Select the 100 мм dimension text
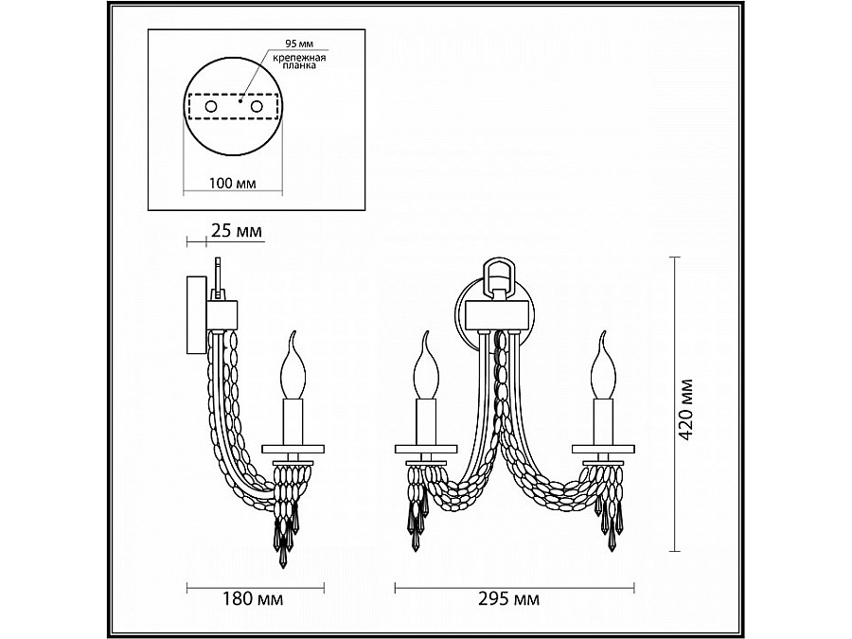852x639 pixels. coord(230,182)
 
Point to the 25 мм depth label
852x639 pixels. coord(236,230)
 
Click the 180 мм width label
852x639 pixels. coord(256,599)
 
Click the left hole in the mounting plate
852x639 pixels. coord(211,108)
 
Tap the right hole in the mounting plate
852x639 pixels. coord(256,108)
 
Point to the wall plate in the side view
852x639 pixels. coord(193,317)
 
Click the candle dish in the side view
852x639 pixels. coord(291,449)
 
